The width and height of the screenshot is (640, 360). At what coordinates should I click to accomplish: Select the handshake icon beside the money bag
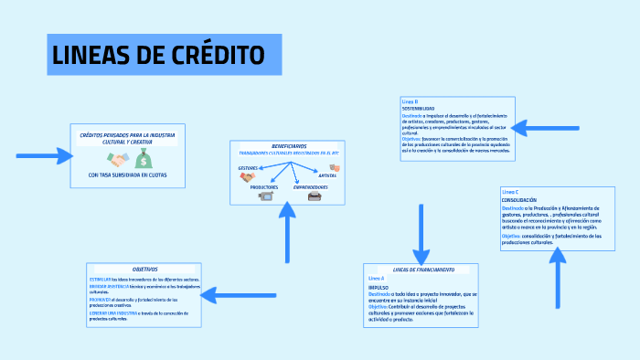tap(118, 160)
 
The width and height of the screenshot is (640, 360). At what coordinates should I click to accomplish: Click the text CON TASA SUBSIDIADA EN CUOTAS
tap(128, 175)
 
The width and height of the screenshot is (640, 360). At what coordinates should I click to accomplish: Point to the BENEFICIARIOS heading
tap(289, 146)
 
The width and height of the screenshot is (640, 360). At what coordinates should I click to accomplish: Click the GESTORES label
tap(248, 168)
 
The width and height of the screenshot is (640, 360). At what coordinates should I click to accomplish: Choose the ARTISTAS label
tap(327, 175)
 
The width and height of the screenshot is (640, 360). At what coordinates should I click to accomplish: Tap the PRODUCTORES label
tap(264, 186)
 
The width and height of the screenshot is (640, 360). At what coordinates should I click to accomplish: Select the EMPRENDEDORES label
tap(311, 186)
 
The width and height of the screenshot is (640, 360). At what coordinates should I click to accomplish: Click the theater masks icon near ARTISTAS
tap(335, 168)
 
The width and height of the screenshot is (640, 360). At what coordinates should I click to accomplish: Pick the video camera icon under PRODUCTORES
tap(266, 196)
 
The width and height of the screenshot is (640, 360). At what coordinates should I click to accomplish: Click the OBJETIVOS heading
tap(144, 270)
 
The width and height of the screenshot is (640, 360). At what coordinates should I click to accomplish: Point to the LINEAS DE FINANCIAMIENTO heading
tap(423, 270)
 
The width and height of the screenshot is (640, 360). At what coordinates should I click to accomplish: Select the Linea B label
tap(410, 101)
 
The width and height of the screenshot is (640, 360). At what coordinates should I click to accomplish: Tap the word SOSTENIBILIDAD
tap(419, 109)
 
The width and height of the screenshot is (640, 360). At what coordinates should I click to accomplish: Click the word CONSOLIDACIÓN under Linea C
tap(519, 199)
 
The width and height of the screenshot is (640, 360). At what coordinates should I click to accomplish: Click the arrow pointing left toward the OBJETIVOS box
tap(232, 294)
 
